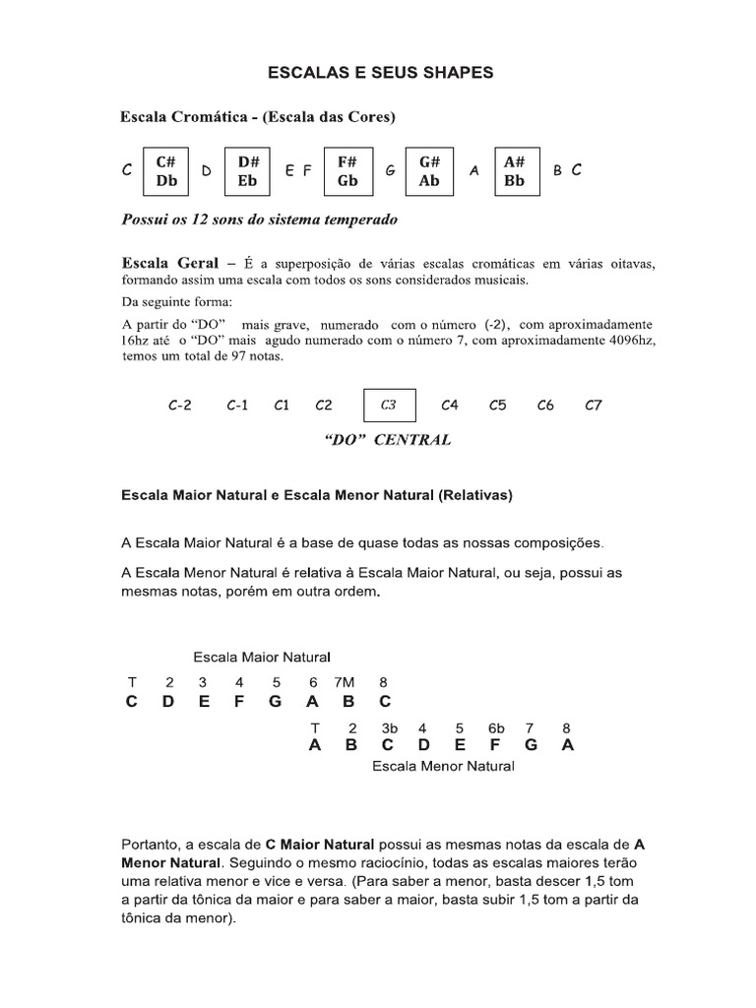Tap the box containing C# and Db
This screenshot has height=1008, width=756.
(x=165, y=170)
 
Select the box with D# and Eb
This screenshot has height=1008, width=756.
(x=248, y=170)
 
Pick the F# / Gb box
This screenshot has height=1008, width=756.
(x=347, y=170)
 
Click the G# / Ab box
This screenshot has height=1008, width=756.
(x=429, y=170)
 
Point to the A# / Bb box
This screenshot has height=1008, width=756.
(x=515, y=170)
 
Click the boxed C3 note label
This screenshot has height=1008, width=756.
(x=389, y=405)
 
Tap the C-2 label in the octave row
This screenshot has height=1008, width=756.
(x=179, y=405)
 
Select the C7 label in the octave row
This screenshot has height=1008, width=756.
(x=593, y=405)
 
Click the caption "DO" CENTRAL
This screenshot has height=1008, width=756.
(x=387, y=440)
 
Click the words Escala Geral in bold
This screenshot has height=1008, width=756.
(x=169, y=264)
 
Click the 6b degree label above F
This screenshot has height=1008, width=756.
(x=495, y=728)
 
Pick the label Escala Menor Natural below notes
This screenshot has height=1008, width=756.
(x=442, y=766)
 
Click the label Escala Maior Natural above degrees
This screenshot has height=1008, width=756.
(x=261, y=657)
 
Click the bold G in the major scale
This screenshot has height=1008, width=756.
(x=275, y=702)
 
